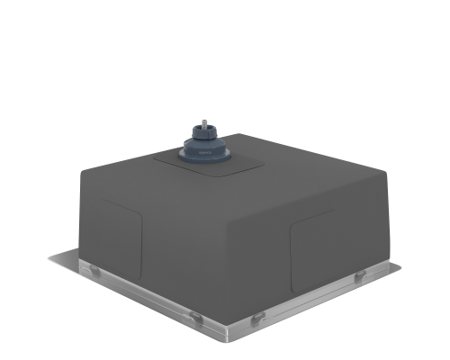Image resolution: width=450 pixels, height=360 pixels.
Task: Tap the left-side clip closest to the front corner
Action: click(x=193, y=315)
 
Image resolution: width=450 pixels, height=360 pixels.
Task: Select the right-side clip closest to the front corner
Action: click(x=257, y=318)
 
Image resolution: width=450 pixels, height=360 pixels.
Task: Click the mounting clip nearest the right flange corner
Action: click(x=360, y=274)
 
